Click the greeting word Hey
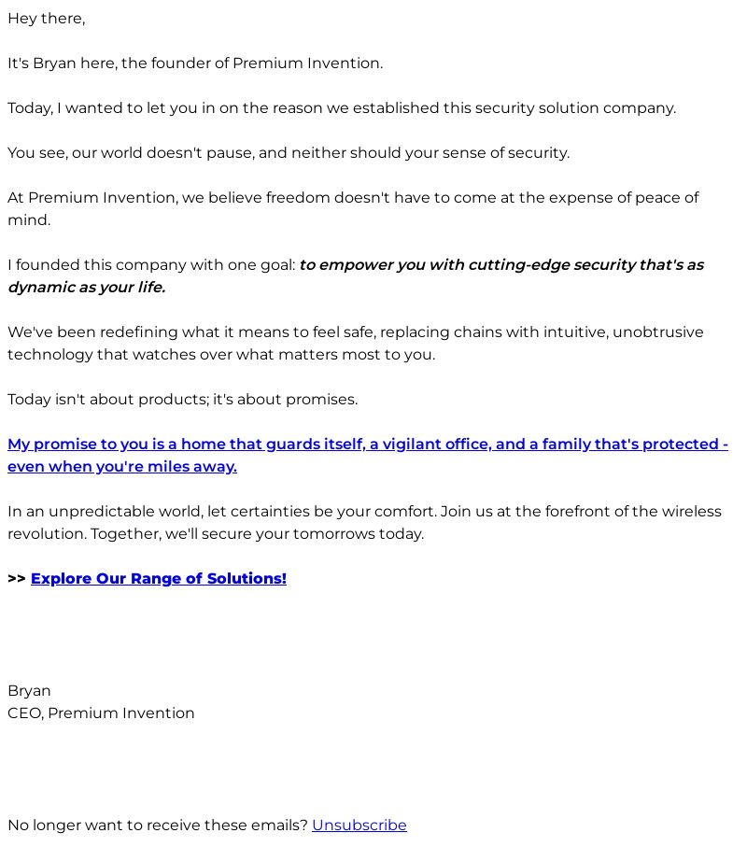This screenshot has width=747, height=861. pyautogui.click(x=22, y=19)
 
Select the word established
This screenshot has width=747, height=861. pyautogui.click(x=391, y=108)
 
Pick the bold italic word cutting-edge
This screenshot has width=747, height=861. pyautogui.click(x=518, y=265)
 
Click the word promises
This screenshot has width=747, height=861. pyautogui.click(x=321, y=400)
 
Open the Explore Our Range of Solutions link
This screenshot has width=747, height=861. pyautogui.click(x=158, y=579)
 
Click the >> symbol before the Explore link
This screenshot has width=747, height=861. pyautogui.click(x=16, y=579)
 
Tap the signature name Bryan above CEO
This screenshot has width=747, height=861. pyautogui.click(x=29, y=691)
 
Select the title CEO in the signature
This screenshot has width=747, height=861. pyautogui.click(x=24, y=713)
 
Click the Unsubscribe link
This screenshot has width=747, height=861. pyautogui.click(x=359, y=826)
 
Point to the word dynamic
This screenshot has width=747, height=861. pyautogui.click(x=41, y=288)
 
